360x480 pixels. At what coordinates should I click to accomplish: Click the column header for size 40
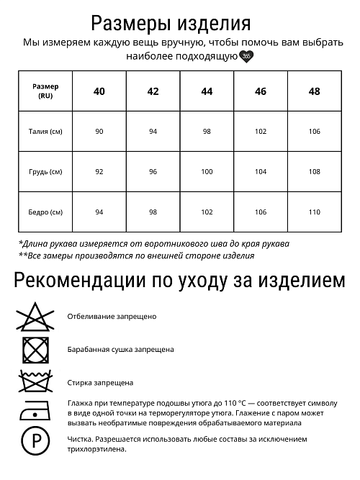click(x=99, y=91)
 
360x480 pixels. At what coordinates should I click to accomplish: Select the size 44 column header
click(x=207, y=91)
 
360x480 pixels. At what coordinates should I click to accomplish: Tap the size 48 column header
click(x=314, y=91)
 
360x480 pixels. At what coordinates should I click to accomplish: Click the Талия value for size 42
click(x=153, y=132)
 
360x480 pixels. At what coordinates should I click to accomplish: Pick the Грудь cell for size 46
click(x=260, y=172)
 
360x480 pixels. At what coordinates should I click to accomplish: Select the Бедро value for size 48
click(x=314, y=212)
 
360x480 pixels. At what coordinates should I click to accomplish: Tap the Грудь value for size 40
click(x=99, y=172)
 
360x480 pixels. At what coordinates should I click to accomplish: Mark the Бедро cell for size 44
click(x=207, y=212)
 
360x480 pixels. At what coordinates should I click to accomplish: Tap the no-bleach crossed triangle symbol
click(x=32, y=316)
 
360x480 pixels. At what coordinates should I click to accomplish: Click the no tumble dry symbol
click(x=32, y=349)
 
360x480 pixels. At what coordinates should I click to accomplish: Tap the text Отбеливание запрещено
click(x=112, y=316)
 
